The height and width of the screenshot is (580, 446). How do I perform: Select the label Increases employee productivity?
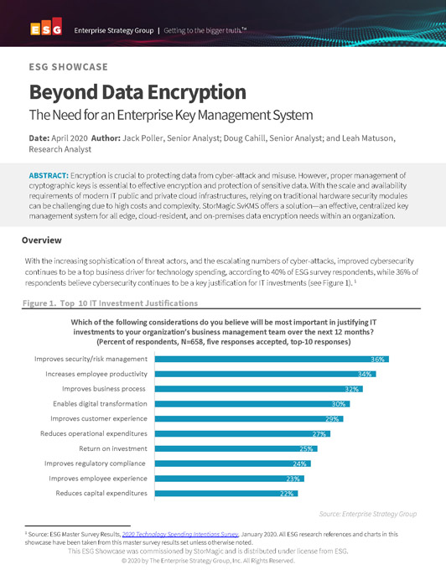click(x=97, y=374)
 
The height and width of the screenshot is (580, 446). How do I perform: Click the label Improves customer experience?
click(x=99, y=418)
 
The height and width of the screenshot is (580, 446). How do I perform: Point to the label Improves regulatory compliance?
click(x=95, y=463)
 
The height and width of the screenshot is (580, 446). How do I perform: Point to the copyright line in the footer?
click(x=221, y=561)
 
